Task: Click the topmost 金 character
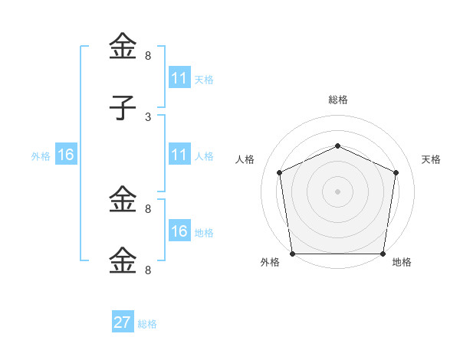123,47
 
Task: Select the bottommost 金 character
123,260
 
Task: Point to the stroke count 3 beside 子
148,116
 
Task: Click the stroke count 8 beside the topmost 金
148,56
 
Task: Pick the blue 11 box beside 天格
179,78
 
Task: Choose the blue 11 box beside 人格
179,155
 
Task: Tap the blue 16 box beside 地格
179,231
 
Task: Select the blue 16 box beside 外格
65,155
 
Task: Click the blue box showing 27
123,322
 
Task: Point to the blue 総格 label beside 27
147,324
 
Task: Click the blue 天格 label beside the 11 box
203,79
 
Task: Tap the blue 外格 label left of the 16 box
41,155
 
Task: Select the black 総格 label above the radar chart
337,100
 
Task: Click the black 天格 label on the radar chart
432,159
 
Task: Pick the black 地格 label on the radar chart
402,262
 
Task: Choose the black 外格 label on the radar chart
270,262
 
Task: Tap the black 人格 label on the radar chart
245,159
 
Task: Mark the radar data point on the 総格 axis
337,145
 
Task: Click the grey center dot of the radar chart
337,191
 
